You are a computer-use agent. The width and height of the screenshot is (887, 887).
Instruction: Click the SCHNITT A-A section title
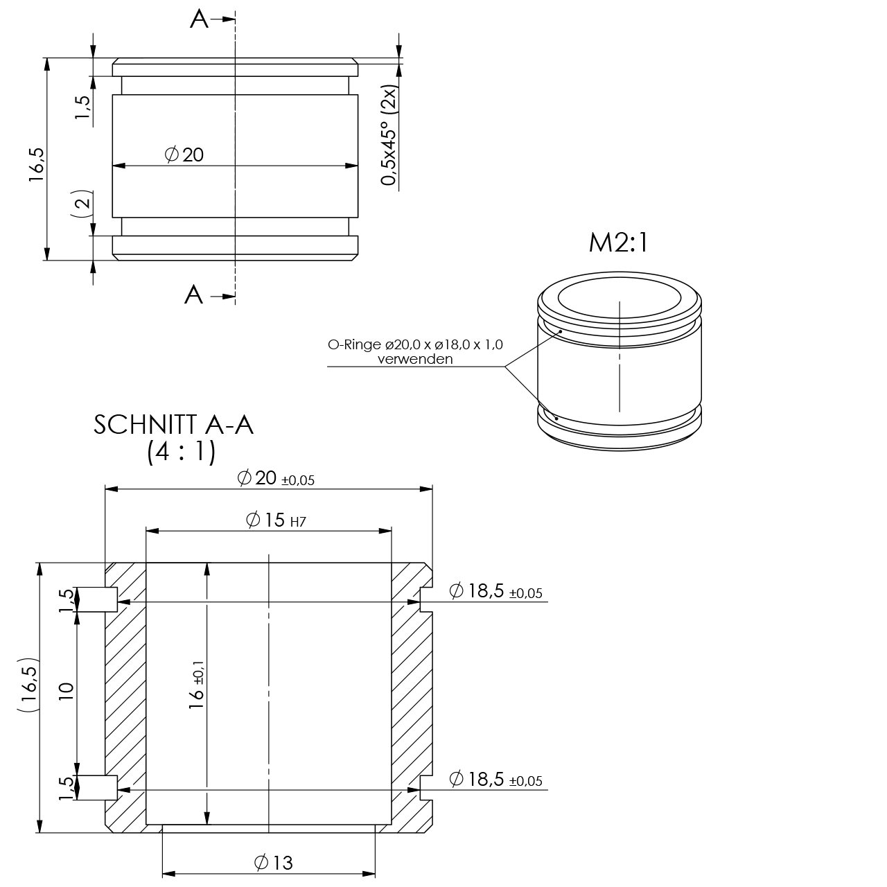(x=173, y=425)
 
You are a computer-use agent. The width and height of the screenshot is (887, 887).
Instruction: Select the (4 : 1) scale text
(x=182, y=452)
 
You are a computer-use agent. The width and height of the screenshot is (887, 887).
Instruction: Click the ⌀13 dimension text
(x=274, y=863)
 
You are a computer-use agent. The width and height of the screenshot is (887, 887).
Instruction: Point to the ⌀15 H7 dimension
(x=276, y=520)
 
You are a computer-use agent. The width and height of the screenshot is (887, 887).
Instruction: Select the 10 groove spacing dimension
(x=67, y=692)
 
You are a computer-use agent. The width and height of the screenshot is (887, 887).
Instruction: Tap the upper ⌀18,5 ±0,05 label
(x=495, y=591)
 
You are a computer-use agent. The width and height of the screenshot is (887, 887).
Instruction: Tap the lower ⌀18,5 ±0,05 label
(x=495, y=779)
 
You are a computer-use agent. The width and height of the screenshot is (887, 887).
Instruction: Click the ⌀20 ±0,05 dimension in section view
(x=276, y=478)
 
